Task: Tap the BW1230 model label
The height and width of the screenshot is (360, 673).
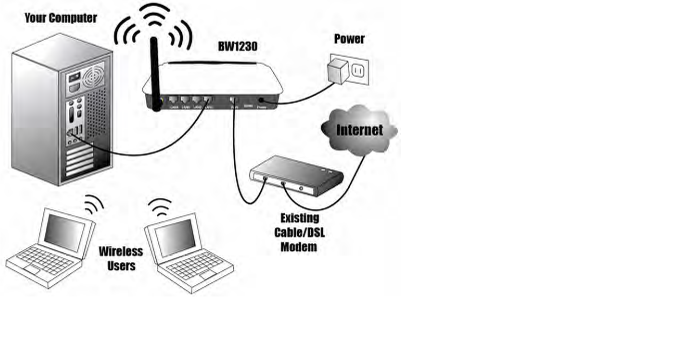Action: tap(238, 47)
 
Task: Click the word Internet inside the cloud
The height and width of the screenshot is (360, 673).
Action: tap(359, 130)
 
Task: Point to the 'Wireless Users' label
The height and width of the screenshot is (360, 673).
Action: tap(121, 258)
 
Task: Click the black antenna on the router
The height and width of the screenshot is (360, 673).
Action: tap(155, 72)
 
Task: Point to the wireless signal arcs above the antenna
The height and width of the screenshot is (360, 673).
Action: tap(153, 24)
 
